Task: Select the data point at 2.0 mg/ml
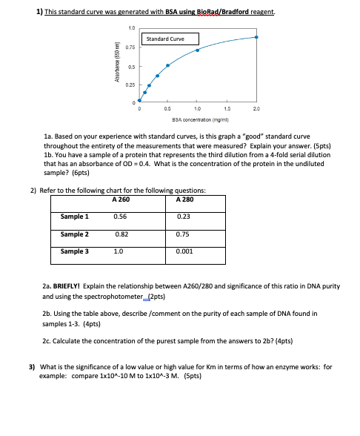coord(257,37)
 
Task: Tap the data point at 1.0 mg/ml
coord(197,50)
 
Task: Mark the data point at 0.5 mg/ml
coord(167,66)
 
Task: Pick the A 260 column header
coord(121,199)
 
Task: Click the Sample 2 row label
coord(76,234)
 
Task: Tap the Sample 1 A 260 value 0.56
coord(120,217)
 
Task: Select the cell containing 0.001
coord(185,251)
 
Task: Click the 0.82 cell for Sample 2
coord(121,234)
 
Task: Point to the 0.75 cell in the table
coord(184,234)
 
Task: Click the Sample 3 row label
coord(76,251)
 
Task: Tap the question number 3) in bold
coord(32,367)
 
